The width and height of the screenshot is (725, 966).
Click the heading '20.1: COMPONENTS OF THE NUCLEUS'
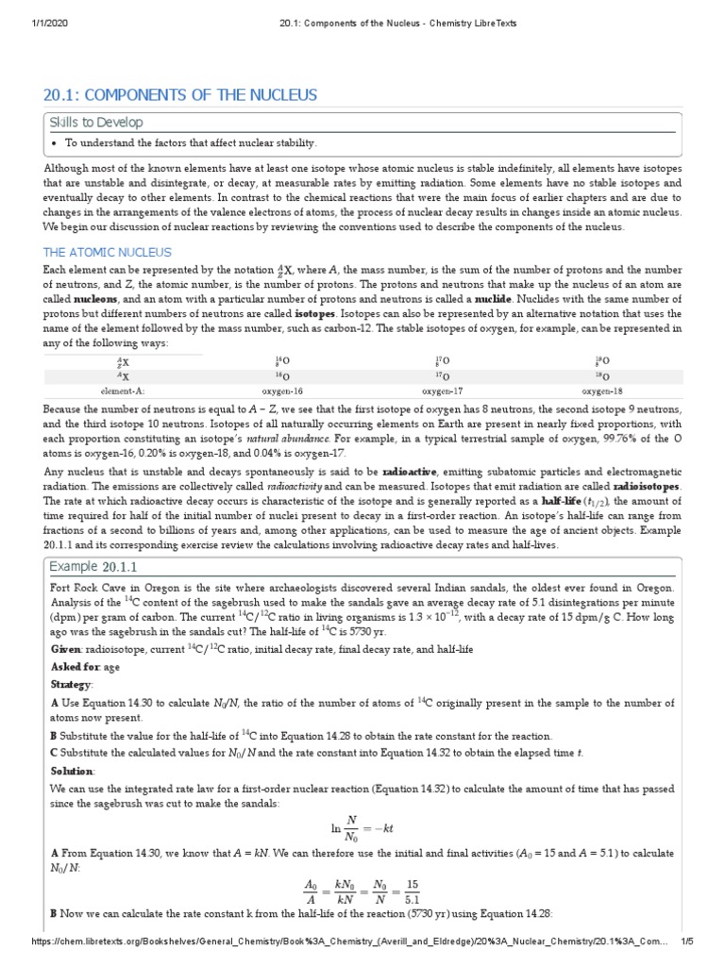[x=180, y=95]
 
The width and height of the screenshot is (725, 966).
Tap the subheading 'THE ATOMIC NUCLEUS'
[x=108, y=253]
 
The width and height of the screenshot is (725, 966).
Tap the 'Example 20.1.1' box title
[x=93, y=566]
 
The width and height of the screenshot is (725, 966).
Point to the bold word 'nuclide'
[x=493, y=298]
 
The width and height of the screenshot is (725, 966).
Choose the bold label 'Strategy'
[x=72, y=684]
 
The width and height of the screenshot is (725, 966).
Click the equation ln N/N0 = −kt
[x=362, y=827]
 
